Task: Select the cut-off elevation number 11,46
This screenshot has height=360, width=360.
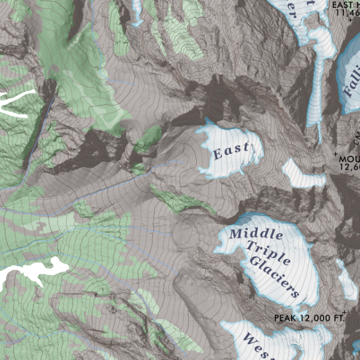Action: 346,14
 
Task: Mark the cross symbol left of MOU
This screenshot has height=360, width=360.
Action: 335,154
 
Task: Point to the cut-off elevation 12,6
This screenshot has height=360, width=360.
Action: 349,168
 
